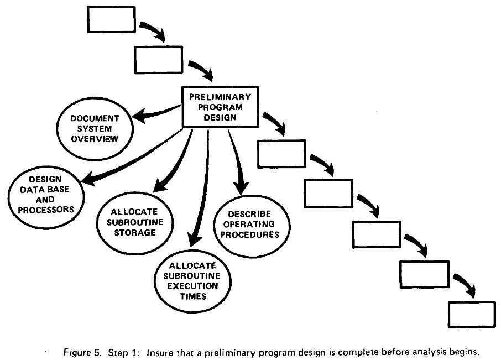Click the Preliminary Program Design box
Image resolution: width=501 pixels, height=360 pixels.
[x=220, y=107]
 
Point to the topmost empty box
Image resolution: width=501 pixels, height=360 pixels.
[x=111, y=19]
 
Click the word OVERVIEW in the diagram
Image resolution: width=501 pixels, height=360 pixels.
[x=95, y=139]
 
